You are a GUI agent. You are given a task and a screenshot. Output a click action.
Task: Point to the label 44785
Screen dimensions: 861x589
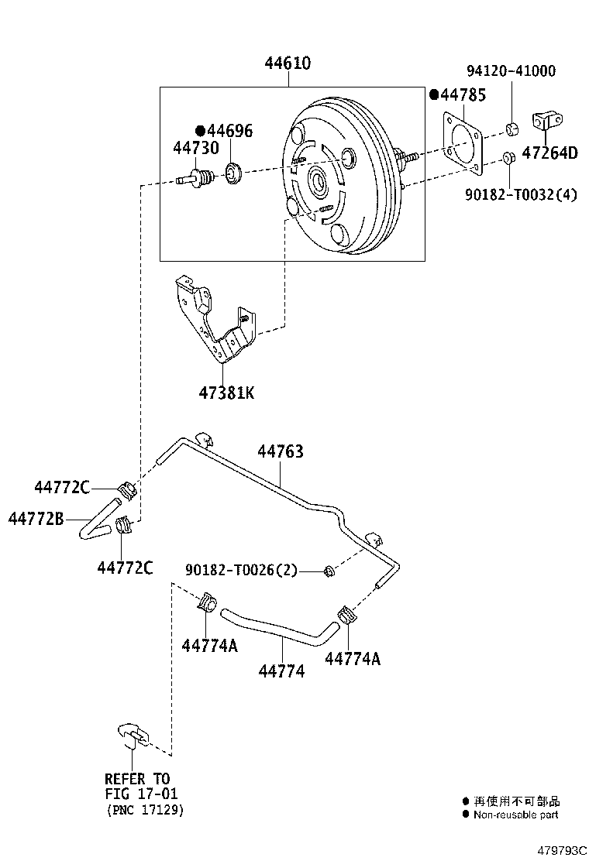point(462,95)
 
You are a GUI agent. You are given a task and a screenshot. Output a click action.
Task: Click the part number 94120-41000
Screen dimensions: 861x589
point(511,71)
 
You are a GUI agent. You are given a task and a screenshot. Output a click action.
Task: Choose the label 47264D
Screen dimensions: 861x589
point(549,153)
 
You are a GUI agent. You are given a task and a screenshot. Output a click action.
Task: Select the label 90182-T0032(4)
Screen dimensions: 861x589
point(521,195)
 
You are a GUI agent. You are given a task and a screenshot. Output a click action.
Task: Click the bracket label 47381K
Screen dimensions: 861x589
point(226,393)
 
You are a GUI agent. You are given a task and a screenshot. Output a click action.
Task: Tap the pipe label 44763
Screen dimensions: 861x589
point(281,451)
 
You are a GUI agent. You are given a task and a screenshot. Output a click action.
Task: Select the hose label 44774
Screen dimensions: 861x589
point(281,671)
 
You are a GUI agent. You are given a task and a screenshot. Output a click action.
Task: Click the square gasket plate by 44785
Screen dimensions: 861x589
point(463,143)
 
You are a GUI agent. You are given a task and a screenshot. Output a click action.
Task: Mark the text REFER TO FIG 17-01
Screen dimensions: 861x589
point(137,786)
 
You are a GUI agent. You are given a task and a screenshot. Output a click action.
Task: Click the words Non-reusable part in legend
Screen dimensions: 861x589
point(515,815)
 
